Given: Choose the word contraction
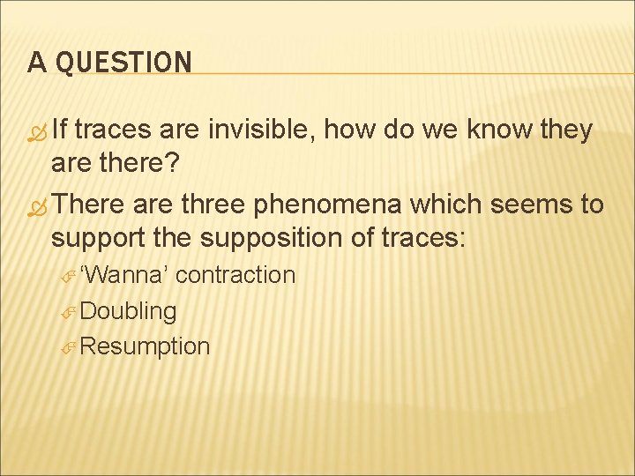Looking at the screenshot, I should tap(235, 275).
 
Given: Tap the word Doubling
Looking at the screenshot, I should tap(129, 311).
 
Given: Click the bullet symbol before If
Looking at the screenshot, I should tap(37, 132).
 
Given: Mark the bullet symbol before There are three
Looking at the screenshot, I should tap(37, 206).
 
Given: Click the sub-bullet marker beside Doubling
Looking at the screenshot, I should tap(71, 312).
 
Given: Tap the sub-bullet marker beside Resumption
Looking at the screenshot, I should tap(71, 347).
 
